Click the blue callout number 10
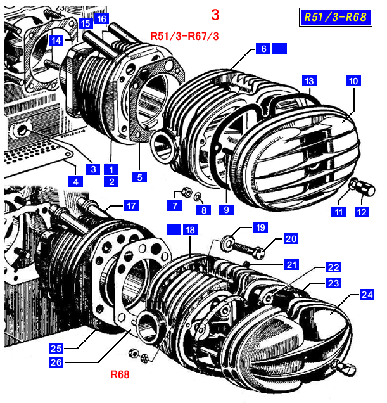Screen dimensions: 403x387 tap(353, 81)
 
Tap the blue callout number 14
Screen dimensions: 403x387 tap(57, 40)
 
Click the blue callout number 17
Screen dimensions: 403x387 tap(130, 205)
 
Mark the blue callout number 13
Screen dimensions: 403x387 tap(308, 81)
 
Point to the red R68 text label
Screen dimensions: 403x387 tap(120, 374)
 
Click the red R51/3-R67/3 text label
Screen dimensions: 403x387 tap(184, 36)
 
